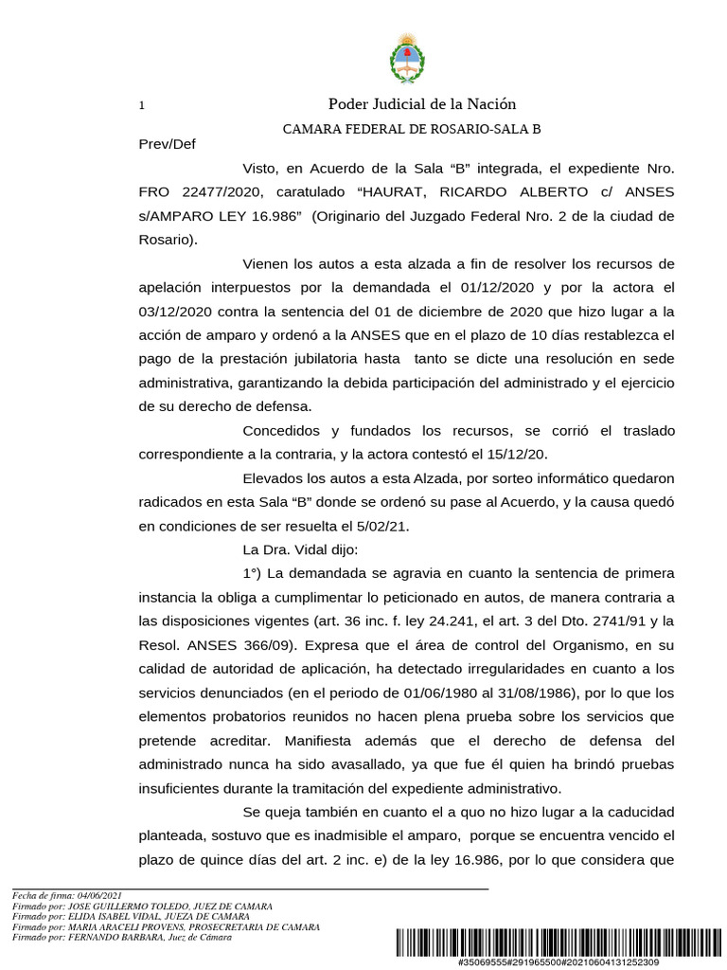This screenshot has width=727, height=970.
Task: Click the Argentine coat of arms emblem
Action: [x=408, y=58]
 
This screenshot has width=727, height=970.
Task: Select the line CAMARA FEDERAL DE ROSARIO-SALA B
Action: [x=412, y=129]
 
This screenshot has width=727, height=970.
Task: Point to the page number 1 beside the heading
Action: [x=141, y=106]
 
